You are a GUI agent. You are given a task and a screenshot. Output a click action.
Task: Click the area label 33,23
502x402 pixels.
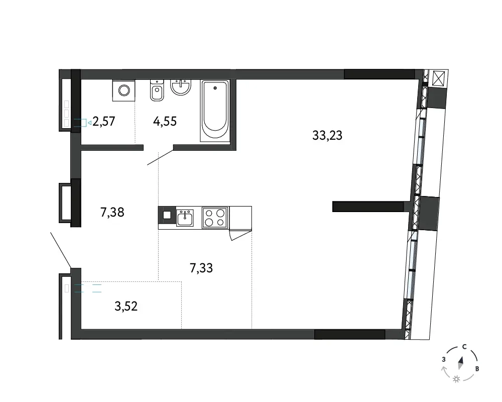coord(327,136)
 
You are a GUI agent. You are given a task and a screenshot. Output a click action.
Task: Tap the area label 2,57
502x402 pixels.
coord(104,122)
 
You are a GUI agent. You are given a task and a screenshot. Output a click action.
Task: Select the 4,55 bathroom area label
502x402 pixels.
coord(165,122)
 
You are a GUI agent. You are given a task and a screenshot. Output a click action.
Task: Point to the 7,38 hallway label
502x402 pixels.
coord(112,212)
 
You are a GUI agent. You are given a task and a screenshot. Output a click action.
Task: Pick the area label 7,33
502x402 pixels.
coord(201,268)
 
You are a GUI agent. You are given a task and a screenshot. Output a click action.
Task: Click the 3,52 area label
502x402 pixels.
coord(126,307)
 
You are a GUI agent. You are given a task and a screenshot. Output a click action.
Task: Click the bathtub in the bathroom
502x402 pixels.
coord(215,111)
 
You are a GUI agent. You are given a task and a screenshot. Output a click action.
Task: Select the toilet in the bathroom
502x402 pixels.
coord(157,90)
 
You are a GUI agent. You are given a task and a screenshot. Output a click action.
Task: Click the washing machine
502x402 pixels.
coord(123,90)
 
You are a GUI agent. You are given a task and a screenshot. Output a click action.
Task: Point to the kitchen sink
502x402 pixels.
coord(185,218)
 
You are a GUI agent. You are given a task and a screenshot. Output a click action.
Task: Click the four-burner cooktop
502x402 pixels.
coord(215,218)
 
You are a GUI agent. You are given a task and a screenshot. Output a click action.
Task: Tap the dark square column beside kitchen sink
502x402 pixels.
coord(167,215)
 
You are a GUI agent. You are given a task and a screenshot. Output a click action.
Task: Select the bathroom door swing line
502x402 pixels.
coord(161,157)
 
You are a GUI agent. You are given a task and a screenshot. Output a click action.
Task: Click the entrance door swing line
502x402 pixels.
coord(61,250)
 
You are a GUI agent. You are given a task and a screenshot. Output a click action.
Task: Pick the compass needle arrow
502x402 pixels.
coord(461,363)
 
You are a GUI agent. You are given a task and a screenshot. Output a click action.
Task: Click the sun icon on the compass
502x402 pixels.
coord(456,379)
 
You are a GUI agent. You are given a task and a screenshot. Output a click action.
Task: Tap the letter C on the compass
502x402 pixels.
coord(464,347)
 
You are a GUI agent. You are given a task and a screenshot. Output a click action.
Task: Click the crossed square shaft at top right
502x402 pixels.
coord(438,78)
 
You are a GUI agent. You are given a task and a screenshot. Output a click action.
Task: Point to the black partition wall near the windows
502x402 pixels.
coord(368,207)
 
